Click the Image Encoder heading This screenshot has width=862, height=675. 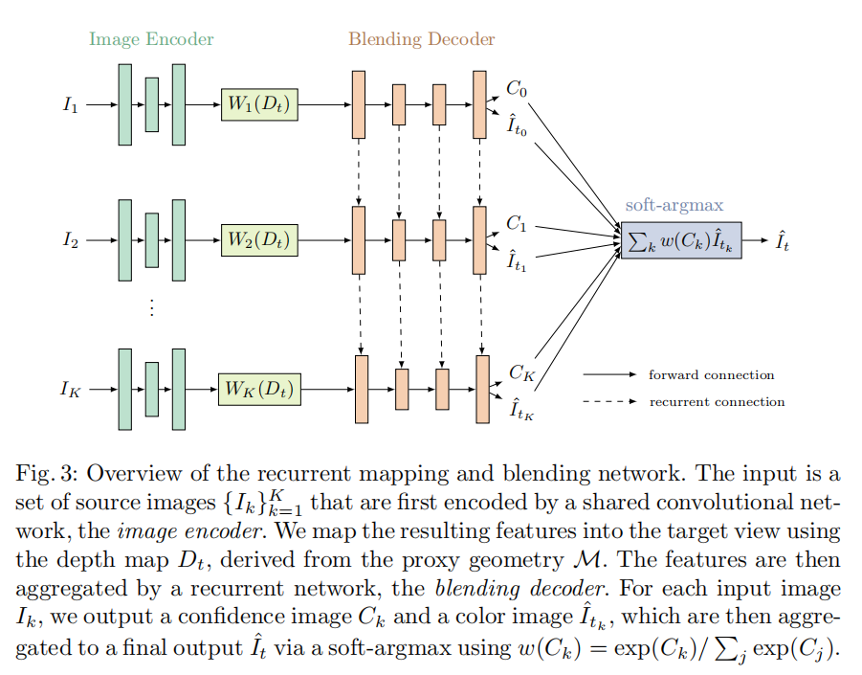(x=151, y=39)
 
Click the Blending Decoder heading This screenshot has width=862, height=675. (x=421, y=39)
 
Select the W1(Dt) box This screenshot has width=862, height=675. (x=259, y=103)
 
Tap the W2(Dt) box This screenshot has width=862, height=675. (x=259, y=239)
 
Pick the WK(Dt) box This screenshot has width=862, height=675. (x=259, y=389)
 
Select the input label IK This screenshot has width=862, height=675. (x=71, y=389)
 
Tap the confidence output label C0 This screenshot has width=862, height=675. (x=517, y=89)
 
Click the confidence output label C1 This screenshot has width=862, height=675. (x=517, y=224)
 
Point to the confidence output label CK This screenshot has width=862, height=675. (x=520, y=372)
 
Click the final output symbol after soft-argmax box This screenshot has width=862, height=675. (x=782, y=241)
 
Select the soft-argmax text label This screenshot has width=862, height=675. (x=674, y=205)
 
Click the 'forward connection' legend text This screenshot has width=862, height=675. (x=711, y=374)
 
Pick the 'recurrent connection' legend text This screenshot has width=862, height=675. (x=717, y=401)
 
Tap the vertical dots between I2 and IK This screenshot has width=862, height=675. (x=150, y=307)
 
